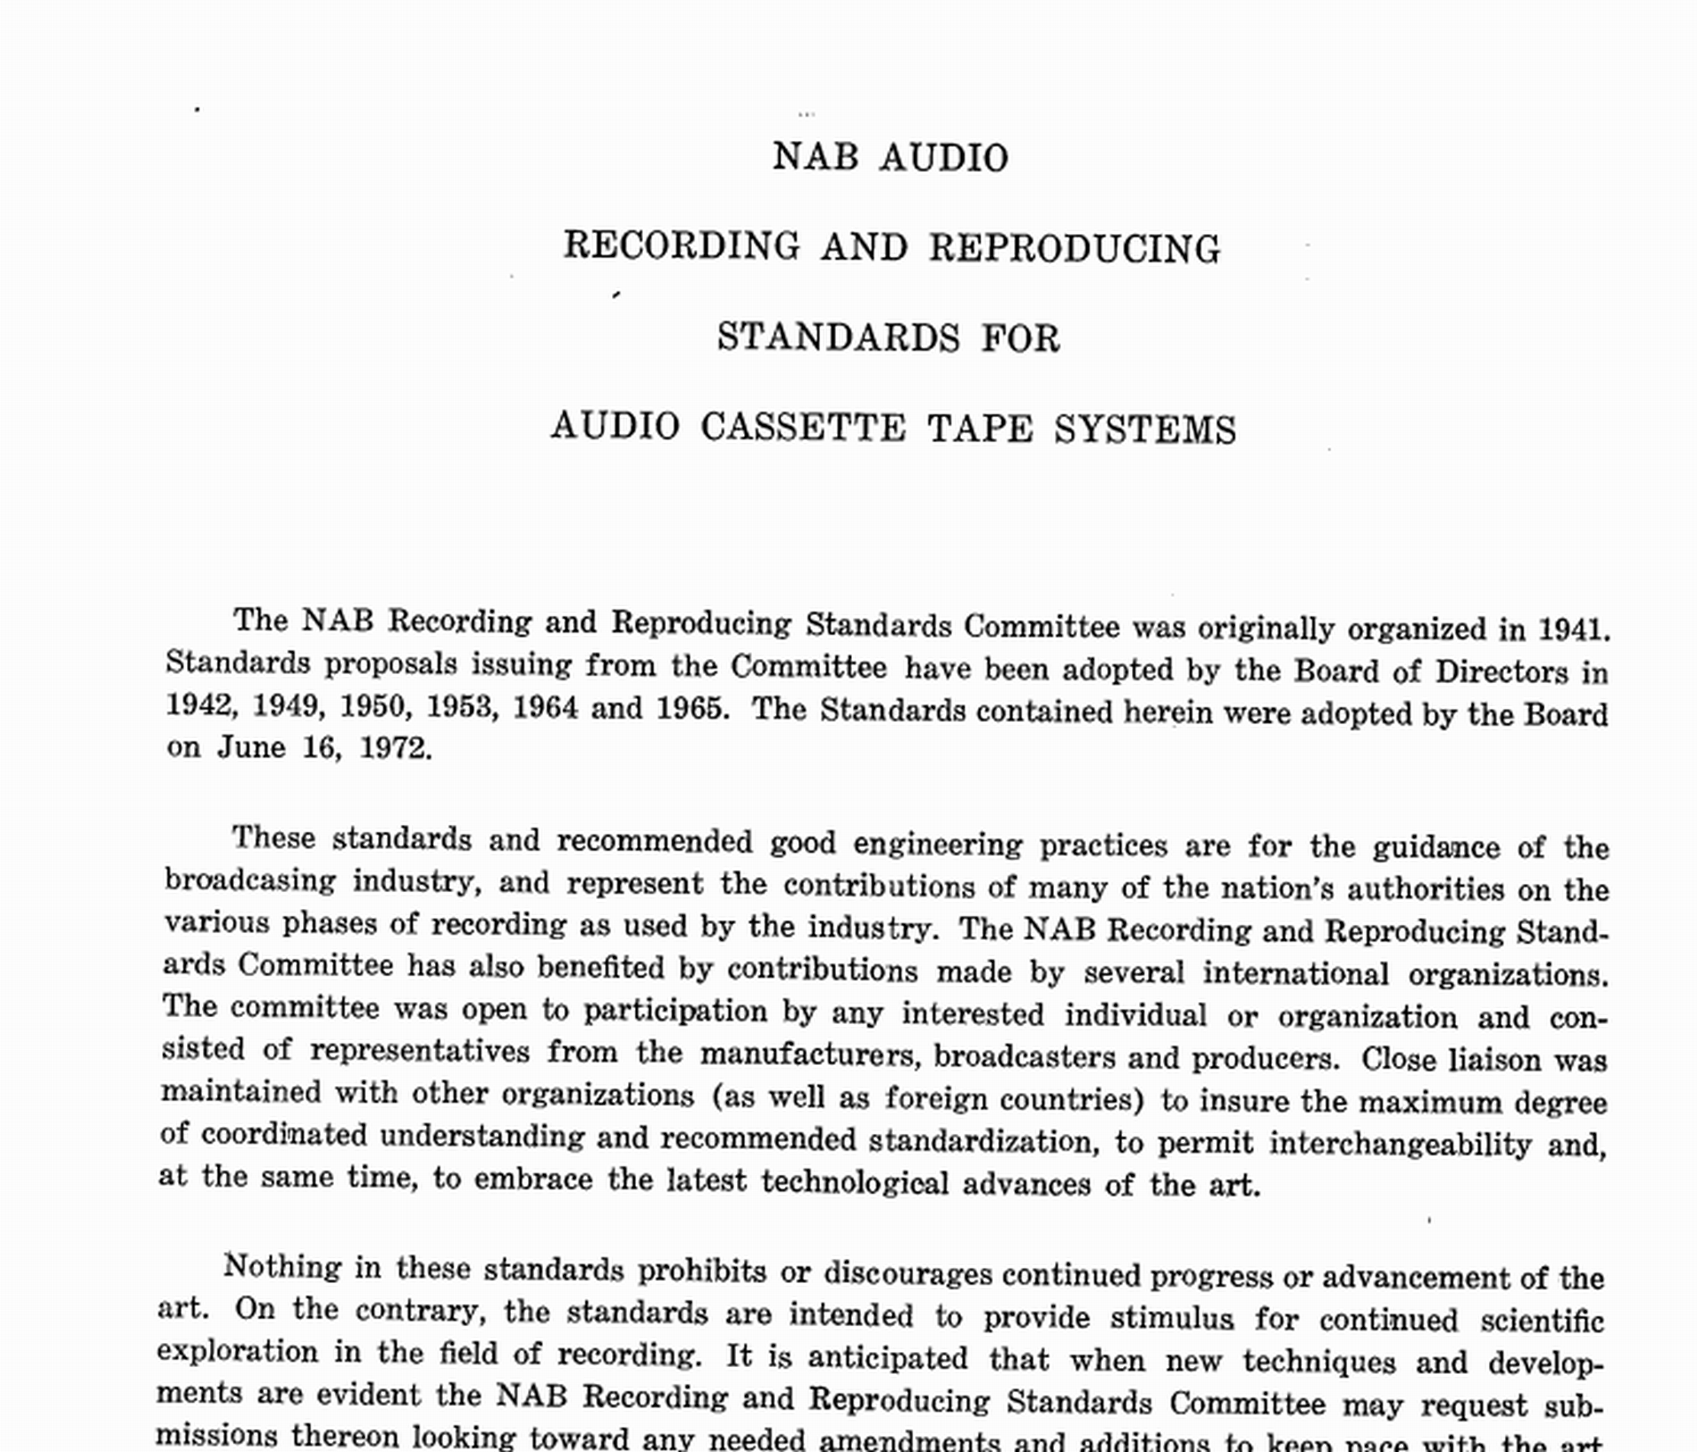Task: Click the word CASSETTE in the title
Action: pos(803,427)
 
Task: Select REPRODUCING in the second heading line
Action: pos(1074,248)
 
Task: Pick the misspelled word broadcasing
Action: pos(251,881)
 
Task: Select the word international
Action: pos(1296,973)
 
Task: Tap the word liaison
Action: pos(1494,1060)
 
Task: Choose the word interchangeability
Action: pos(1400,1144)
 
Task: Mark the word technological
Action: pos(855,1182)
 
